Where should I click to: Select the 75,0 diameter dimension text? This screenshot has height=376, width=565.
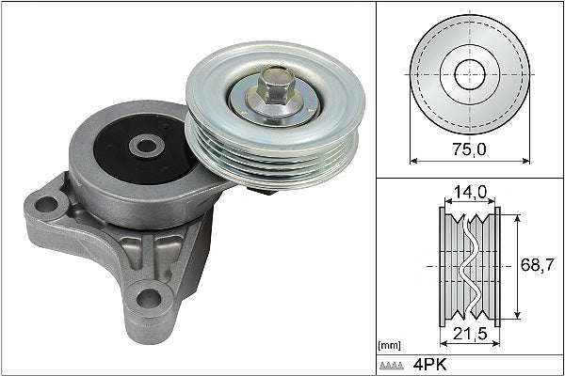click(469, 149)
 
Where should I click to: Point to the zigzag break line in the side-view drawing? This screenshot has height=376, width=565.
click(468, 266)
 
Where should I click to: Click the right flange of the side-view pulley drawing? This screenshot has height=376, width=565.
click(497, 266)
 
